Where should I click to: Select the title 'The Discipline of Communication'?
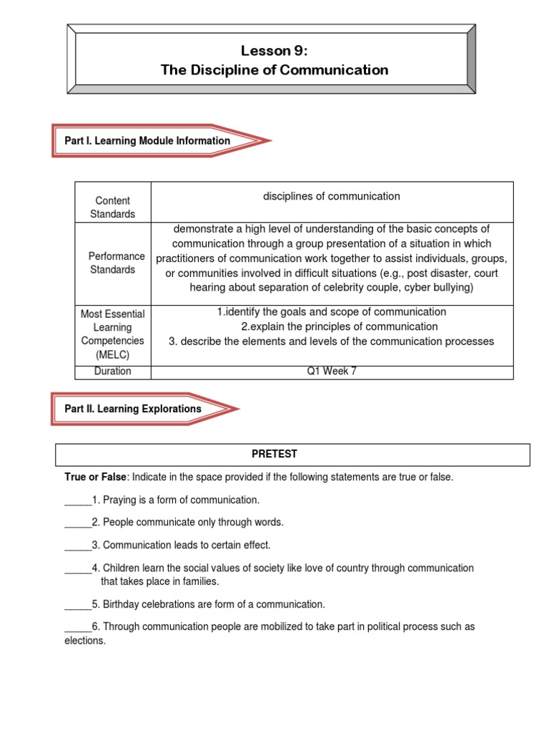pyautogui.click(x=274, y=70)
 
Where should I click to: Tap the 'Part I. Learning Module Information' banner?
pyautogui.click(x=147, y=141)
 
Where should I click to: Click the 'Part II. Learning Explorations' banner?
pyautogui.click(x=133, y=409)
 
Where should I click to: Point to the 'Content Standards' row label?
pyautogui.click(x=112, y=207)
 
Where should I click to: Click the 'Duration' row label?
pyautogui.click(x=112, y=371)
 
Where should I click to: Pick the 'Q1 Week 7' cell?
pyautogui.click(x=331, y=371)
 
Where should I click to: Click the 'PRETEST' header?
pyautogui.click(x=274, y=454)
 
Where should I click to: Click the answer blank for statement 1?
pyautogui.click(x=78, y=500)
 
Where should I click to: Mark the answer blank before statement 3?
pyautogui.click(x=78, y=545)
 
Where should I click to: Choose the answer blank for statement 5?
pyautogui.click(x=78, y=604)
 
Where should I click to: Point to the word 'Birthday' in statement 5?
pyautogui.click(x=122, y=604)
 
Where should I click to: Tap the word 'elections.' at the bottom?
pyautogui.click(x=85, y=641)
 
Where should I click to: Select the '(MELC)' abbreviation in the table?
pyautogui.click(x=112, y=354)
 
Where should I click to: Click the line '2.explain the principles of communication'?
pyautogui.click(x=331, y=326)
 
